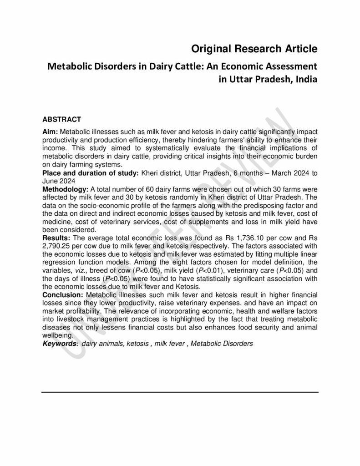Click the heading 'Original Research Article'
254,48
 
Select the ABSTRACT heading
61,119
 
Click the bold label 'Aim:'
50,131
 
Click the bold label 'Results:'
55,238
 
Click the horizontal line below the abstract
180,392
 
